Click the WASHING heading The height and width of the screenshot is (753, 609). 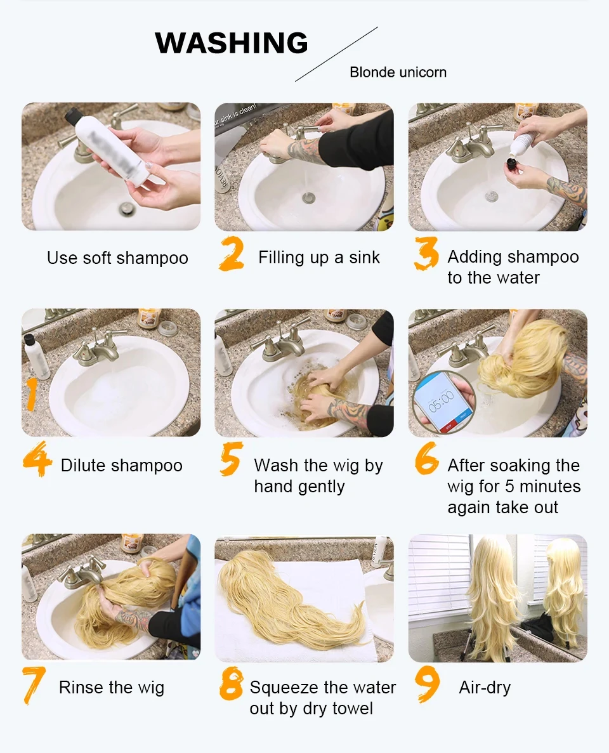click(232, 43)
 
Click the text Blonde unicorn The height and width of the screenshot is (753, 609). click(398, 72)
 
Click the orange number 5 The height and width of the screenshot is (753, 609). click(231, 461)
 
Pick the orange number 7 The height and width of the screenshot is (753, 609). click(34, 685)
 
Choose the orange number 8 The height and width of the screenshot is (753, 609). click(232, 685)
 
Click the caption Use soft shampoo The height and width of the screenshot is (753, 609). click(117, 258)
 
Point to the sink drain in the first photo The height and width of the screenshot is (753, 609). click(126, 207)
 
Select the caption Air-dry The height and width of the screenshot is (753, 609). click(485, 688)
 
